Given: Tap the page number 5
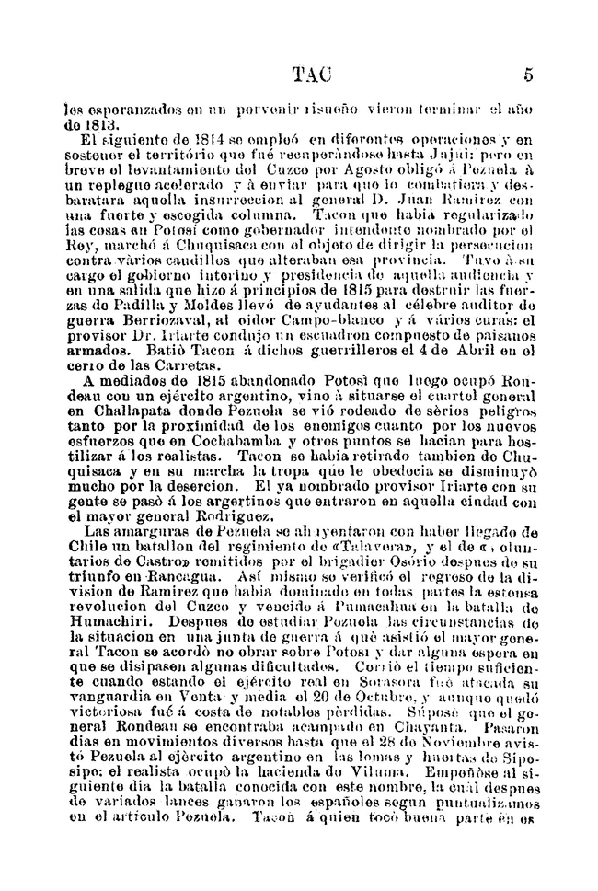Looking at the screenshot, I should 528,75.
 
